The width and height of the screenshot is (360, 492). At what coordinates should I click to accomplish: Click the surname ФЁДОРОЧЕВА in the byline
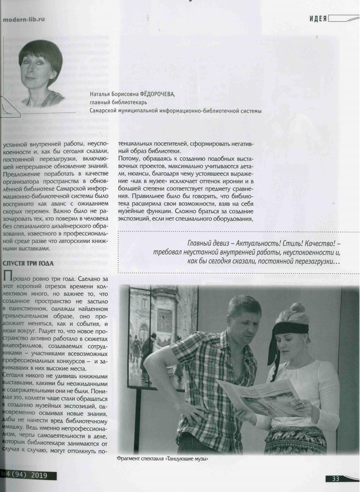point(152,94)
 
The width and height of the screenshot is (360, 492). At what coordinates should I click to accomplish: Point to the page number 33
point(335,478)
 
